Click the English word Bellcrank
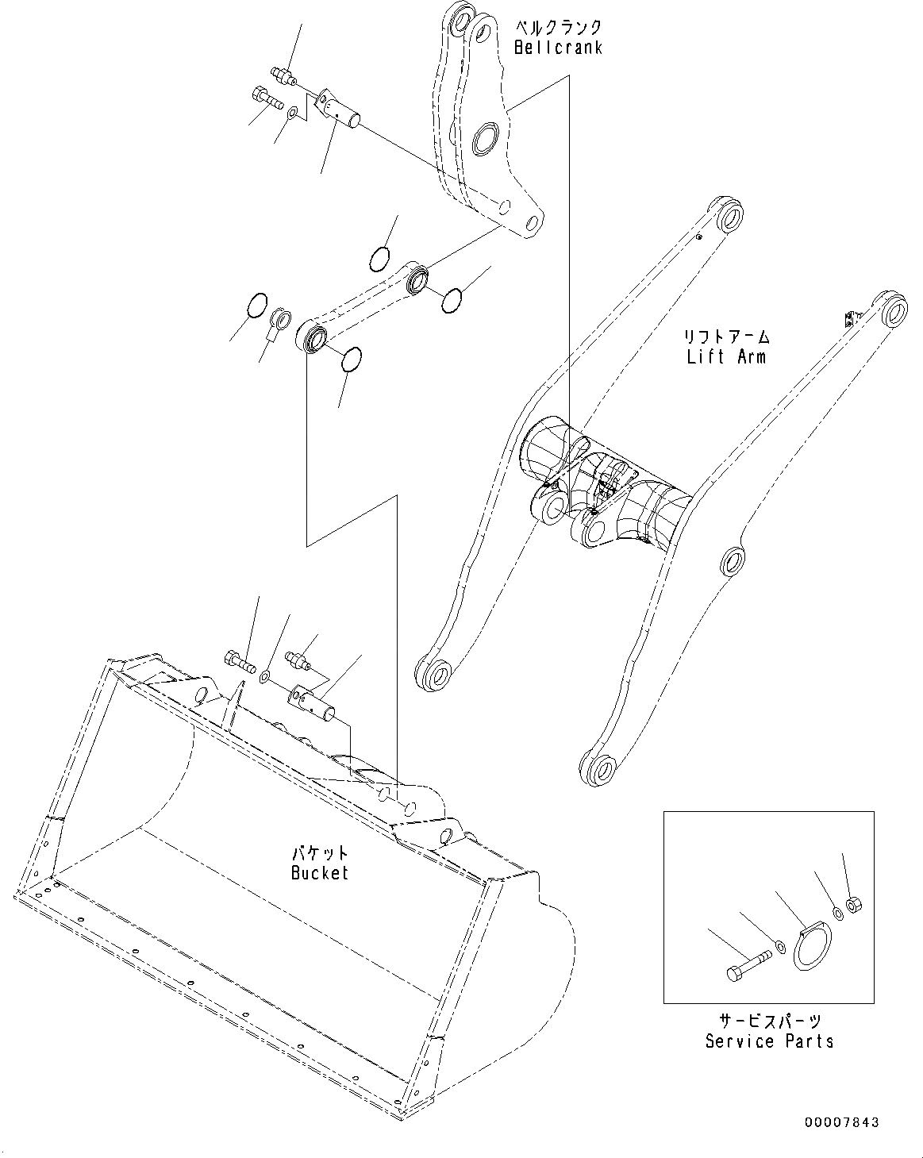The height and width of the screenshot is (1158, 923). click(x=558, y=48)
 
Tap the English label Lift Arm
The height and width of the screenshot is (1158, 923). click(x=726, y=356)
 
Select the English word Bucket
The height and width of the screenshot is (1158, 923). click(x=319, y=873)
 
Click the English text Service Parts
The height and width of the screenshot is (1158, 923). click(x=769, y=1041)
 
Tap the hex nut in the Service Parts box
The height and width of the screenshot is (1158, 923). click(x=854, y=903)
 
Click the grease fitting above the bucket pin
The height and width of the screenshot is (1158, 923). click(x=298, y=660)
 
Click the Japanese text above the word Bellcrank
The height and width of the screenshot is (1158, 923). click(x=558, y=26)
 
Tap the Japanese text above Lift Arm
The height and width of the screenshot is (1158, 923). click(x=727, y=336)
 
